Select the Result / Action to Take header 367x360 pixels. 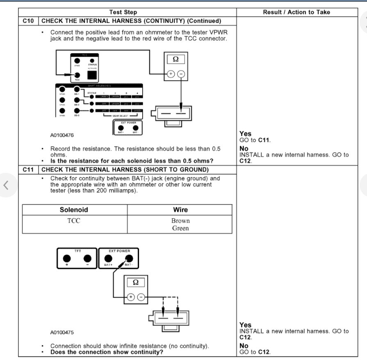pyautogui.click(x=296, y=12)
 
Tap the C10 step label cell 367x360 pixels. pyautogui.click(x=28, y=21)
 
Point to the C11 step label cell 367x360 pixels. pyautogui.click(x=28, y=170)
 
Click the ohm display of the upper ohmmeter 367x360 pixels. pyautogui.click(x=176, y=59)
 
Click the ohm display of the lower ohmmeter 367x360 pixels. pyautogui.click(x=136, y=282)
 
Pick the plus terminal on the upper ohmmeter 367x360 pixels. pyautogui.click(x=171, y=74)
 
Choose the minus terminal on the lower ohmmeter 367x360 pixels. pyautogui.click(x=141, y=297)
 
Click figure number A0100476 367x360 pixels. pyautogui.click(x=62, y=135)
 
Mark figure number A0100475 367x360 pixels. pyautogui.click(x=62, y=333)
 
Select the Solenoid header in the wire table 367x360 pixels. pyautogui.click(x=74, y=210)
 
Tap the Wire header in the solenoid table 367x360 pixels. pyautogui.click(x=180, y=210)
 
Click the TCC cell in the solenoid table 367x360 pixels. pyautogui.click(x=74, y=221)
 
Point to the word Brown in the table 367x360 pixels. pyautogui.click(x=180, y=221)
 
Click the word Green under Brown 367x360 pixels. pyautogui.click(x=180, y=228)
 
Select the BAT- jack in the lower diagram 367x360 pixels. pyautogui.click(x=129, y=258)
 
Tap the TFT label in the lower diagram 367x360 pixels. pyautogui.click(x=78, y=251)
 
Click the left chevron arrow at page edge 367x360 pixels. pyautogui.click(x=6, y=185)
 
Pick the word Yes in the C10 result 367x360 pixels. pyautogui.click(x=245, y=134)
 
